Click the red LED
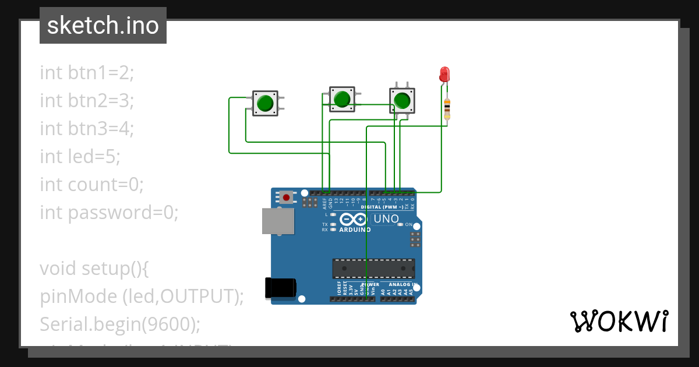coord(444,74)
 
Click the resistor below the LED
coord(447,108)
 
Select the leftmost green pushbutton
coord(265,103)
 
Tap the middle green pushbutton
coord(342,98)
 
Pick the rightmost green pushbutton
coord(402,101)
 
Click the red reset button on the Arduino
coord(286,197)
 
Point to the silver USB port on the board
coord(278,221)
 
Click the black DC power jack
coord(280,288)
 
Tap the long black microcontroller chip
coord(373,269)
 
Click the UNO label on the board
coord(386,219)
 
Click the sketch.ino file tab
coord(103,26)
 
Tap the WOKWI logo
coord(619,322)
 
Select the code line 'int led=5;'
coord(80,156)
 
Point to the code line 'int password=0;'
coord(109,212)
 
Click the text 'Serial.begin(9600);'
coord(119,324)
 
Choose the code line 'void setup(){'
coord(95,268)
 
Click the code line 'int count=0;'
coord(91,184)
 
